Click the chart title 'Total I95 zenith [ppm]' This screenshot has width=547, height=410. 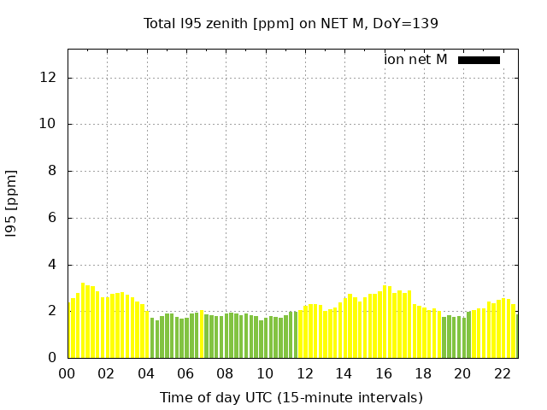(219, 24)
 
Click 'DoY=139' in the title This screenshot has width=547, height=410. (405, 24)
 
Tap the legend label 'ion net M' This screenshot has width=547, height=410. (415, 60)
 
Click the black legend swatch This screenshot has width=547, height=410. (479, 61)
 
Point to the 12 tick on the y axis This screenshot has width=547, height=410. (48, 78)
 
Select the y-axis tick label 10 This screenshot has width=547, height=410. (48, 124)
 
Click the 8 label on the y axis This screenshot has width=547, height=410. (52, 171)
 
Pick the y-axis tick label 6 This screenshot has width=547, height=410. (52, 218)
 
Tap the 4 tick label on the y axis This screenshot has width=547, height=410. (52, 265)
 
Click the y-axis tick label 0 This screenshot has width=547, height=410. (52, 358)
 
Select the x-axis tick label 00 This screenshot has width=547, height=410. (67, 374)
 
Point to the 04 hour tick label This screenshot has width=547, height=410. (146, 374)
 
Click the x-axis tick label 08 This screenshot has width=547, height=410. (225, 374)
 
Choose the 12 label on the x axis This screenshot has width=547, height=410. (305, 374)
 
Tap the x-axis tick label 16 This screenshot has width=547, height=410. (384, 374)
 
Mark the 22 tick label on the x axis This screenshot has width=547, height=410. (503, 374)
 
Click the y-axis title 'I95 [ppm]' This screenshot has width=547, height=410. (11, 203)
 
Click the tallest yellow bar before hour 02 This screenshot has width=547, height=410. (83, 320)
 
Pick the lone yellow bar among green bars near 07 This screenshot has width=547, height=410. (202, 334)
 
